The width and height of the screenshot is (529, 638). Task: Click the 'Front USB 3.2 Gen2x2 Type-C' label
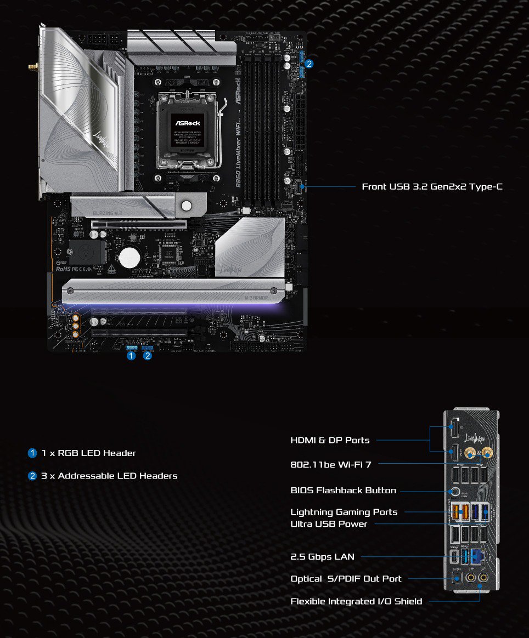click(x=432, y=187)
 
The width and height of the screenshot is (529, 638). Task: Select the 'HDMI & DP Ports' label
click(x=330, y=440)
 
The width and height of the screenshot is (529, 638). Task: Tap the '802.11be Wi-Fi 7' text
click(x=330, y=464)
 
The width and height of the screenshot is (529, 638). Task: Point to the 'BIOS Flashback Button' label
click(x=343, y=490)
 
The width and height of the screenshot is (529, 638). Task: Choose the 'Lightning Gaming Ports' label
click(x=344, y=512)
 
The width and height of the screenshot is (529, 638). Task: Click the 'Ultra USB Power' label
click(x=329, y=524)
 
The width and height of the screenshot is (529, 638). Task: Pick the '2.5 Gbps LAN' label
click(x=322, y=556)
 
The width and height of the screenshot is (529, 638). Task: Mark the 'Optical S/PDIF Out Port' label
click(x=346, y=579)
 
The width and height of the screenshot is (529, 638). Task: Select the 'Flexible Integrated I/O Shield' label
click(x=356, y=601)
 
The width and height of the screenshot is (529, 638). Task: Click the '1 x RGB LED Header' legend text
click(x=88, y=453)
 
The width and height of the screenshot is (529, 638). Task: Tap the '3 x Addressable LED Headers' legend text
click(x=109, y=476)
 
